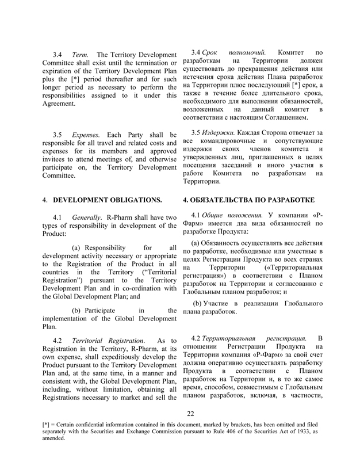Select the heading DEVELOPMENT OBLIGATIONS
(108, 200)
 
